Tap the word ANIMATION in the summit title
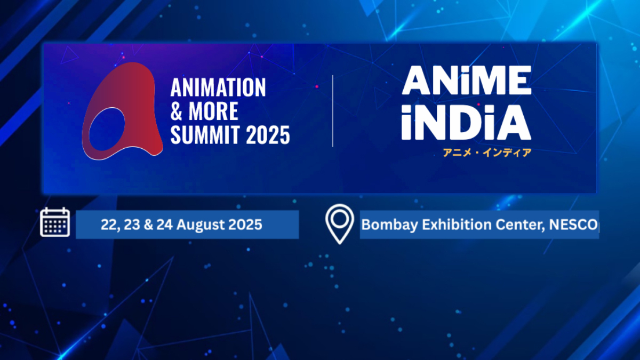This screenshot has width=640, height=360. [x=218, y=88]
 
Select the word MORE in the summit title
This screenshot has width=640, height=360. [x=212, y=112]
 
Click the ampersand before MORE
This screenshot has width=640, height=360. [x=177, y=112]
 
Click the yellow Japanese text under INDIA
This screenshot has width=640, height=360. [x=487, y=153]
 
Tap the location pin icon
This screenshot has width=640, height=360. [x=340, y=224]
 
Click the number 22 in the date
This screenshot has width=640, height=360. [x=108, y=225]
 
